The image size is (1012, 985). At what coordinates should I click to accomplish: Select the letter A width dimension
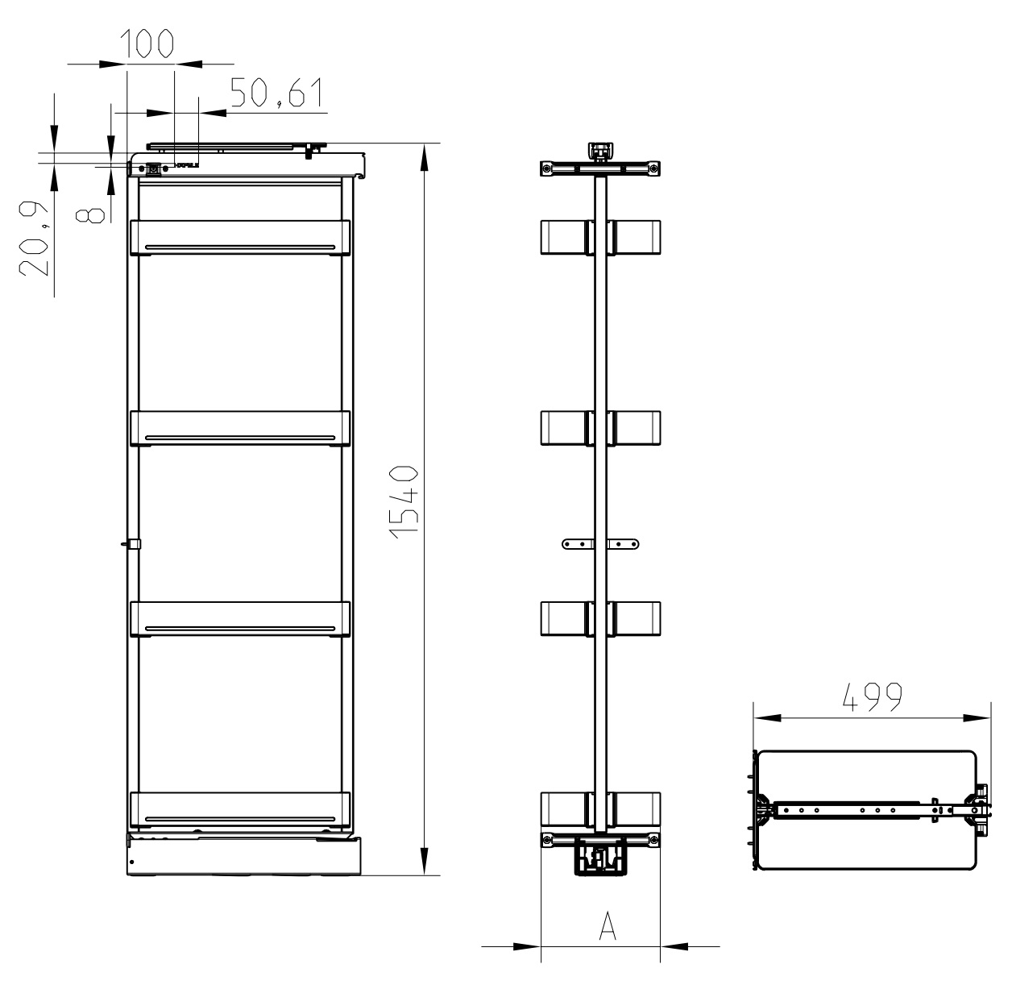point(607,927)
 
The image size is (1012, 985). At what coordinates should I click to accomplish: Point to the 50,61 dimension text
point(276,94)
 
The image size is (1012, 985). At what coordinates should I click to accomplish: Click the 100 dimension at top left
point(148,44)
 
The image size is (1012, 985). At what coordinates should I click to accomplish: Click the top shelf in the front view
point(239,237)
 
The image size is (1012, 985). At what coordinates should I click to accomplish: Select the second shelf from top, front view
point(239,428)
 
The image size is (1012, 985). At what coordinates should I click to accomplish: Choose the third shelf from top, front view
point(239,619)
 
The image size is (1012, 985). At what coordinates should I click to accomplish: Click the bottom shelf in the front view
point(239,810)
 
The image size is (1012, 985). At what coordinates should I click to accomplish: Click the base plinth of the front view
point(244,856)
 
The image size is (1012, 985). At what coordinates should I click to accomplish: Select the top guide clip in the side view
point(600,152)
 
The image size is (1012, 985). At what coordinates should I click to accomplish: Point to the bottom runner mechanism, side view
point(599,857)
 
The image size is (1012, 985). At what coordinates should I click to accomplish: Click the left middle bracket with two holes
point(577,544)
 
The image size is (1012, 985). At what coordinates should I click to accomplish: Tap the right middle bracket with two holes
point(624,544)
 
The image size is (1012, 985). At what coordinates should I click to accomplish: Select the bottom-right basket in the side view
point(636,810)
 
